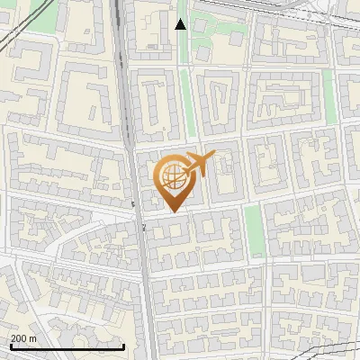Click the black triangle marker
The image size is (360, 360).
[181, 24]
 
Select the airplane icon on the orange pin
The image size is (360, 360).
[198, 165]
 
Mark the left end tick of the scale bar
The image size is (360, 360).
[11, 346]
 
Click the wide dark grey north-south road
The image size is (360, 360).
[143, 270]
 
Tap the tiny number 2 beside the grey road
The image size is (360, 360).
[144, 228]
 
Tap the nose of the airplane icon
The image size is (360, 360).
[215, 156]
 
